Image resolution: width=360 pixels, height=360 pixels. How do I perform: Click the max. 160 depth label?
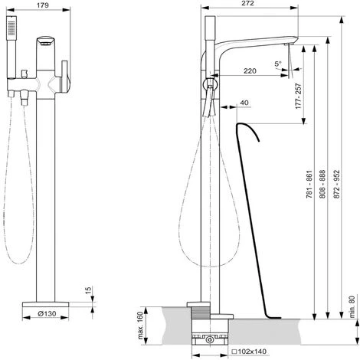[x=141, y=326]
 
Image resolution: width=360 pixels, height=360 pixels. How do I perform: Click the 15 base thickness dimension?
[x=88, y=293]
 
